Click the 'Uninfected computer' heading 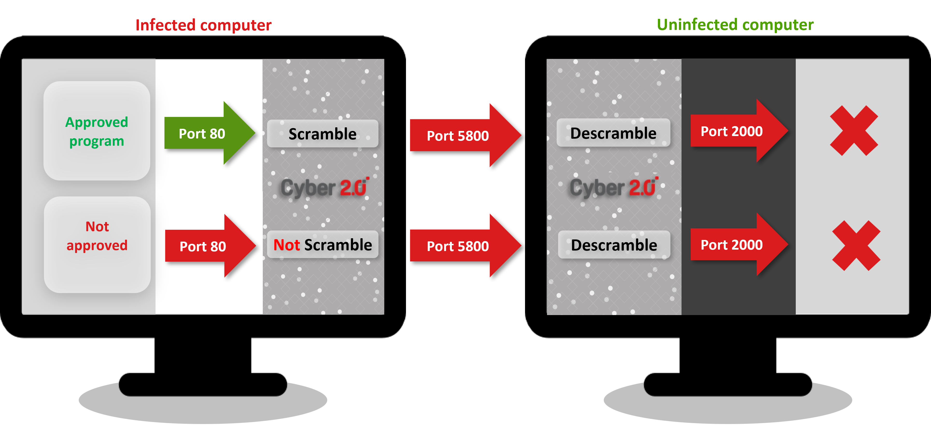click(735, 25)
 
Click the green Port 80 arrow click(206, 133)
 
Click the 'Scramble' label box click(322, 134)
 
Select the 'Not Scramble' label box click(322, 245)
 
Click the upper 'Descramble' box click(613, 133)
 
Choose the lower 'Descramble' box click(614, 245)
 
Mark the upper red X click(854, 130)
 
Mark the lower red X click(856, 245)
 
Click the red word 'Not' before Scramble click(287, 245)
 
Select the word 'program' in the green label click(97, 141)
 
